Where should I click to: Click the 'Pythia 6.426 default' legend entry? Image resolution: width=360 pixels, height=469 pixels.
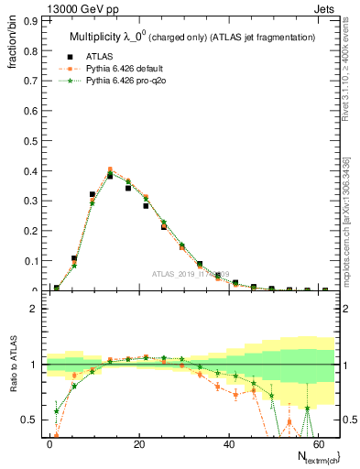pyautogui.click(x=127, y=72)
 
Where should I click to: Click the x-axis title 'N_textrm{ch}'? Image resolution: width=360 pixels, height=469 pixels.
pyautogui.click(x=312, y=455)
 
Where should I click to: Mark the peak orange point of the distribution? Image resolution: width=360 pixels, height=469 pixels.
pyautogui.click(x=110, y=169)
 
